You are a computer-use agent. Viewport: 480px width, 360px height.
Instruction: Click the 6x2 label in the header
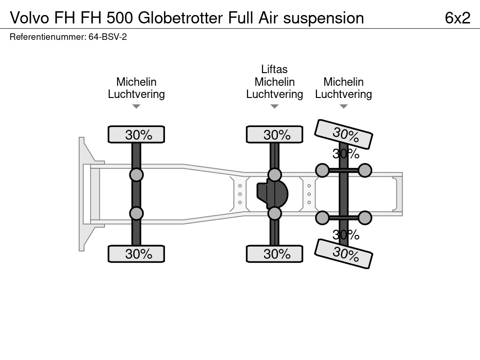(457, 18)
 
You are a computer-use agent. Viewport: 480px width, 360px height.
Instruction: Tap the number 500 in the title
(120, 18)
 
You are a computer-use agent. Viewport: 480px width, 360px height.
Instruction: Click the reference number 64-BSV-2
(107, 37)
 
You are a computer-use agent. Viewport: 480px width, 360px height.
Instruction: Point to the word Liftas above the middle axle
(274, 69)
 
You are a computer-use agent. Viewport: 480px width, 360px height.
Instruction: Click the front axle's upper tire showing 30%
(136, 135)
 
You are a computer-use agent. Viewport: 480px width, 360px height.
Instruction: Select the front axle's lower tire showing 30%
(136, 254)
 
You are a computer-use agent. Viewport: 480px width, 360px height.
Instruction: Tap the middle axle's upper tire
(274, 135)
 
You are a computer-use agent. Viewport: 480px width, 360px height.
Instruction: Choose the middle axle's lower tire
(274, 254)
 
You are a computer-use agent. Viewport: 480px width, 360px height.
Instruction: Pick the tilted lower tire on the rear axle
(344, 254)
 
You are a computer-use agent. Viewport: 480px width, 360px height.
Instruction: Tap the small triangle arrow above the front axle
(136, 107)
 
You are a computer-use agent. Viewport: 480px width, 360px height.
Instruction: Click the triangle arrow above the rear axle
(344, 107)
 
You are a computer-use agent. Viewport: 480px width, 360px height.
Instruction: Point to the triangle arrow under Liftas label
(274, 107)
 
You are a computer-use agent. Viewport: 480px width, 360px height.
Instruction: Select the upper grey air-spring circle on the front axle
(136, 175)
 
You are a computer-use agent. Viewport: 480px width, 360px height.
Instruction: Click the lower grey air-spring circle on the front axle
(136, 214)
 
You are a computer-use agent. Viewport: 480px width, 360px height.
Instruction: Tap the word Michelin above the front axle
(136, 82)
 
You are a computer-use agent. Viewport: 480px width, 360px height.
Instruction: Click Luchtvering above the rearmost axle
(344, 94)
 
